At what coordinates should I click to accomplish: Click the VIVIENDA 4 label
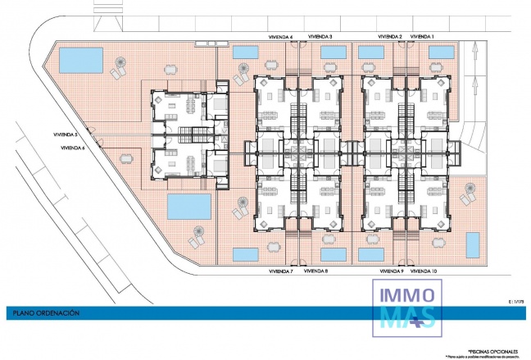(x=281, y=37)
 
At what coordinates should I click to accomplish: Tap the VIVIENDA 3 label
(x=320, y=37)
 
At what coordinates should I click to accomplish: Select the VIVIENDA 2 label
(x=389, y=37)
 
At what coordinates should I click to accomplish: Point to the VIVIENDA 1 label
(x=422, y=37)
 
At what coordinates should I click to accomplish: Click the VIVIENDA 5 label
(x=65, y=134)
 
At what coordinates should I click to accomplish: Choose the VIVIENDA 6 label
(x=73, y=148)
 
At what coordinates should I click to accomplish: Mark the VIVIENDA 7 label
(x=281, y=270)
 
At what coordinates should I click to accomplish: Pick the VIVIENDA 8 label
(x=315, y=270)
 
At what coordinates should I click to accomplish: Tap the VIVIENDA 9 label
(x=392, y=270)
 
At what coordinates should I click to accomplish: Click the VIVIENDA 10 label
(x=424, y=270)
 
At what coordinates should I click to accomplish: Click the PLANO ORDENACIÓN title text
(x=45, y=312)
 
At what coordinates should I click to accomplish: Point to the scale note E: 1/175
(x=516, y=302)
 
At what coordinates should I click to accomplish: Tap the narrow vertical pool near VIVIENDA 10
(x=473, y=244)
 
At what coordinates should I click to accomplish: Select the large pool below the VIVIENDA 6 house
(x=189, y=207)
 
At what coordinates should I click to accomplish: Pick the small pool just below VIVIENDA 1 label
(x=442, y=52)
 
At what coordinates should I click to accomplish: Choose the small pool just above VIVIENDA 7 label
(x=245, y=253)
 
